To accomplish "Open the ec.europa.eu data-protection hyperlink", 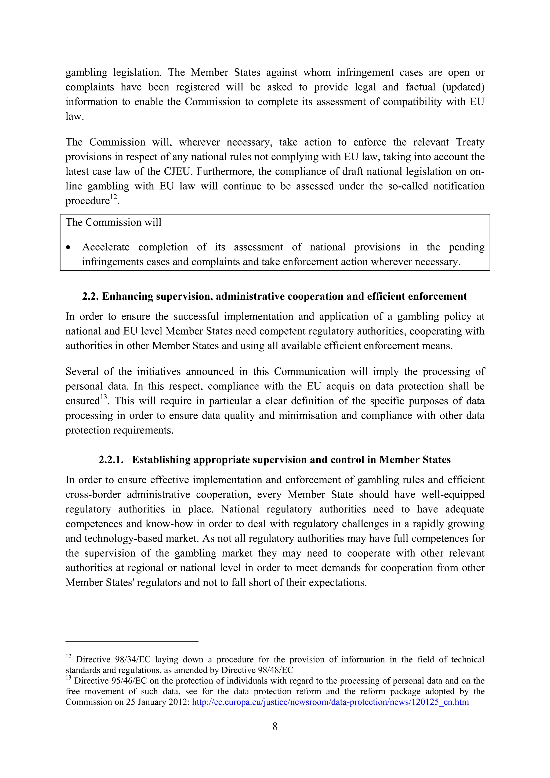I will click(330, 702).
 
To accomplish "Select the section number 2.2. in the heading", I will click(90, 296).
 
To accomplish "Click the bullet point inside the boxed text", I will click(69, 247).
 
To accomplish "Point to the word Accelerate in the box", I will click(106, 247).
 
